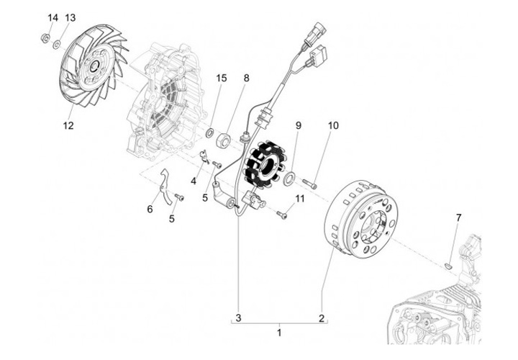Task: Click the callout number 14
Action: pos(52,17)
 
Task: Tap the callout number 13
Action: pos(70,17)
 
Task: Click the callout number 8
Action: pos(246,78)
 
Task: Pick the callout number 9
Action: pos(297,125)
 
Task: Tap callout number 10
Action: pos(333,125)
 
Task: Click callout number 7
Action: pos(458,217)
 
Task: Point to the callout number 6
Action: pos(150,209)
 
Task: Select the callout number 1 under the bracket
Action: pos(280,333)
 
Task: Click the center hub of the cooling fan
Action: pos(94,68)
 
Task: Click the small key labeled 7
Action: pos(447,264)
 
